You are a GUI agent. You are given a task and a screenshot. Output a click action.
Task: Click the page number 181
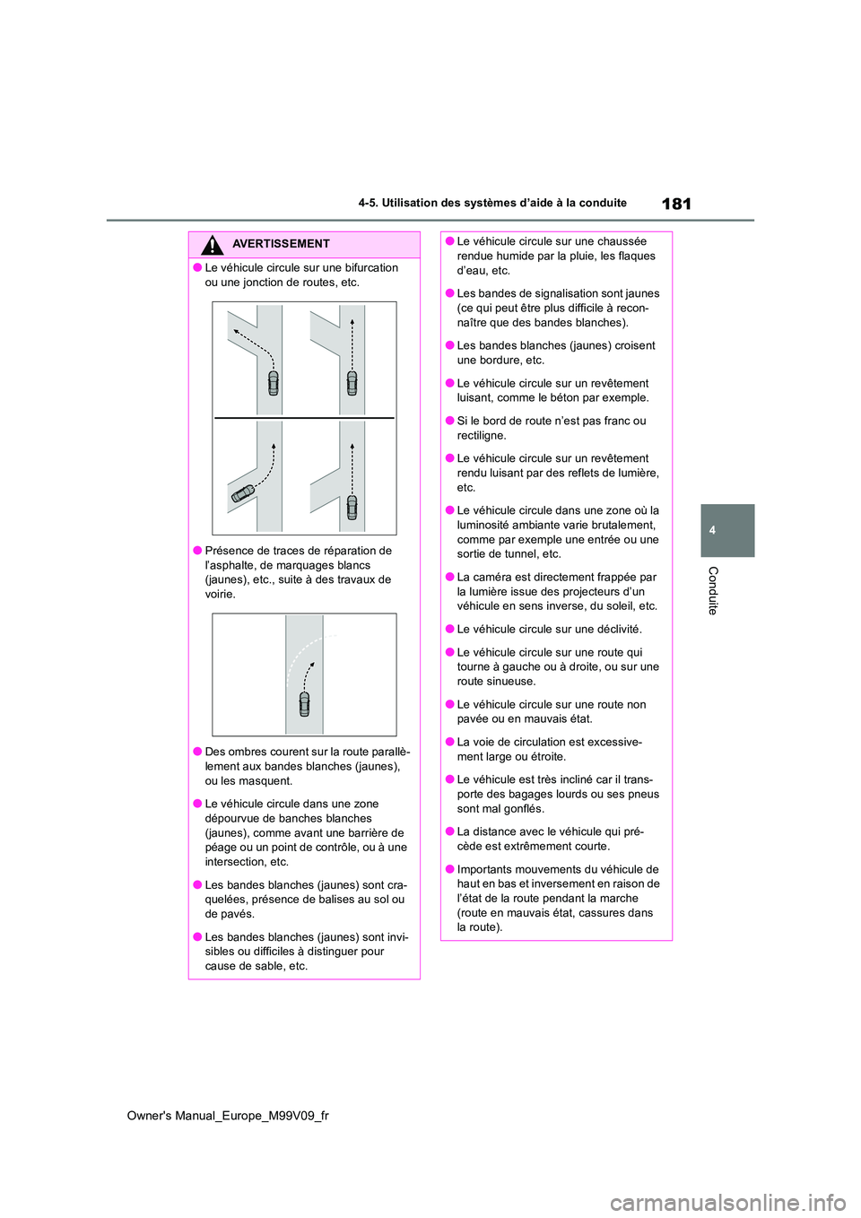click(x=676, y=204)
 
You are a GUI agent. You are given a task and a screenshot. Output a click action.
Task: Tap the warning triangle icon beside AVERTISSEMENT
click(x=212, y=245)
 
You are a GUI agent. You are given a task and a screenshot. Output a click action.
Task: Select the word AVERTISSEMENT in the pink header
click(x=281, y=244)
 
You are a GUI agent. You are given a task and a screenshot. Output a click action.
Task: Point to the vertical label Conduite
click(x=713, y=590)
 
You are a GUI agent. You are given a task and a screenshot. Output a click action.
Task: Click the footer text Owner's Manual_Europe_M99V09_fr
click(x=228, y=1116)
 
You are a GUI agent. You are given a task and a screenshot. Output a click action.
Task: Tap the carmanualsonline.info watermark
click(x=727, y=1202)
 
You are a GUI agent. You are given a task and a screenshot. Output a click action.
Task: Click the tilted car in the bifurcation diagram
click(x=243, y=492)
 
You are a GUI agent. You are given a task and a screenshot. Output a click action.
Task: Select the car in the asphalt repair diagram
click(x=304, y=703)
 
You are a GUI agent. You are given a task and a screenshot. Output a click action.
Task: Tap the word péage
click(x=222, y=848)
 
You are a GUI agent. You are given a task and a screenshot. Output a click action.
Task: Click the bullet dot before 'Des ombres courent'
click(x=196, y=753)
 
